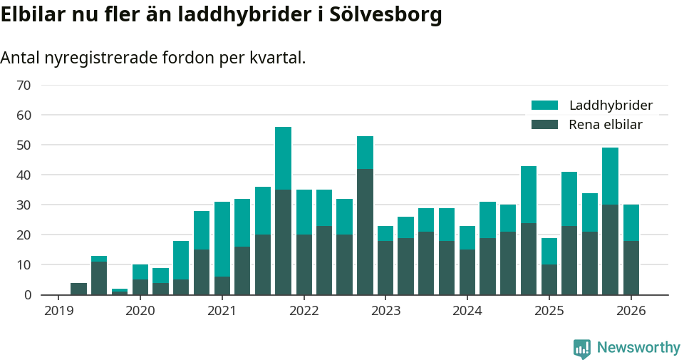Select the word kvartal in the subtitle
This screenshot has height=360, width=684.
click(277, 58)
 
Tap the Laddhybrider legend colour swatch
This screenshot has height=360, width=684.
click(545, 106)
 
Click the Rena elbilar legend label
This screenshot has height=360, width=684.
click(606, 125)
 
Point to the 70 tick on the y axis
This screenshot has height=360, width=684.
click(24, 86)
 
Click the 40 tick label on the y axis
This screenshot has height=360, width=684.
click(24, 175)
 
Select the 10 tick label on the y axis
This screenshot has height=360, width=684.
click(24, 265)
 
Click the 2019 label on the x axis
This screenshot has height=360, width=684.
click(58, 311)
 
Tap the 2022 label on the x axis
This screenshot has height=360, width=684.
click(304, 311)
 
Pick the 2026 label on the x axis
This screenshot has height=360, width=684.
click(631, 311)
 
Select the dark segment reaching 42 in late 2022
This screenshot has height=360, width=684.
click(365, 232)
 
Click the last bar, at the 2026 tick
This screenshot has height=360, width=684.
click(631, 250)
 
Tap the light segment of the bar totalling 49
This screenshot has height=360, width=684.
click(610, 176)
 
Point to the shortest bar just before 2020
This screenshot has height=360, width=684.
click(120, 292)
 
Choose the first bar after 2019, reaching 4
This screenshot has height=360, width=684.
click(78, 289)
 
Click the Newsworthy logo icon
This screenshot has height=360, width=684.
click(581, 348)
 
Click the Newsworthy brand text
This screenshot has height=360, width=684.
click(638, 348)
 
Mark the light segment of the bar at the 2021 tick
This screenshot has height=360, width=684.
click(222, 239)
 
